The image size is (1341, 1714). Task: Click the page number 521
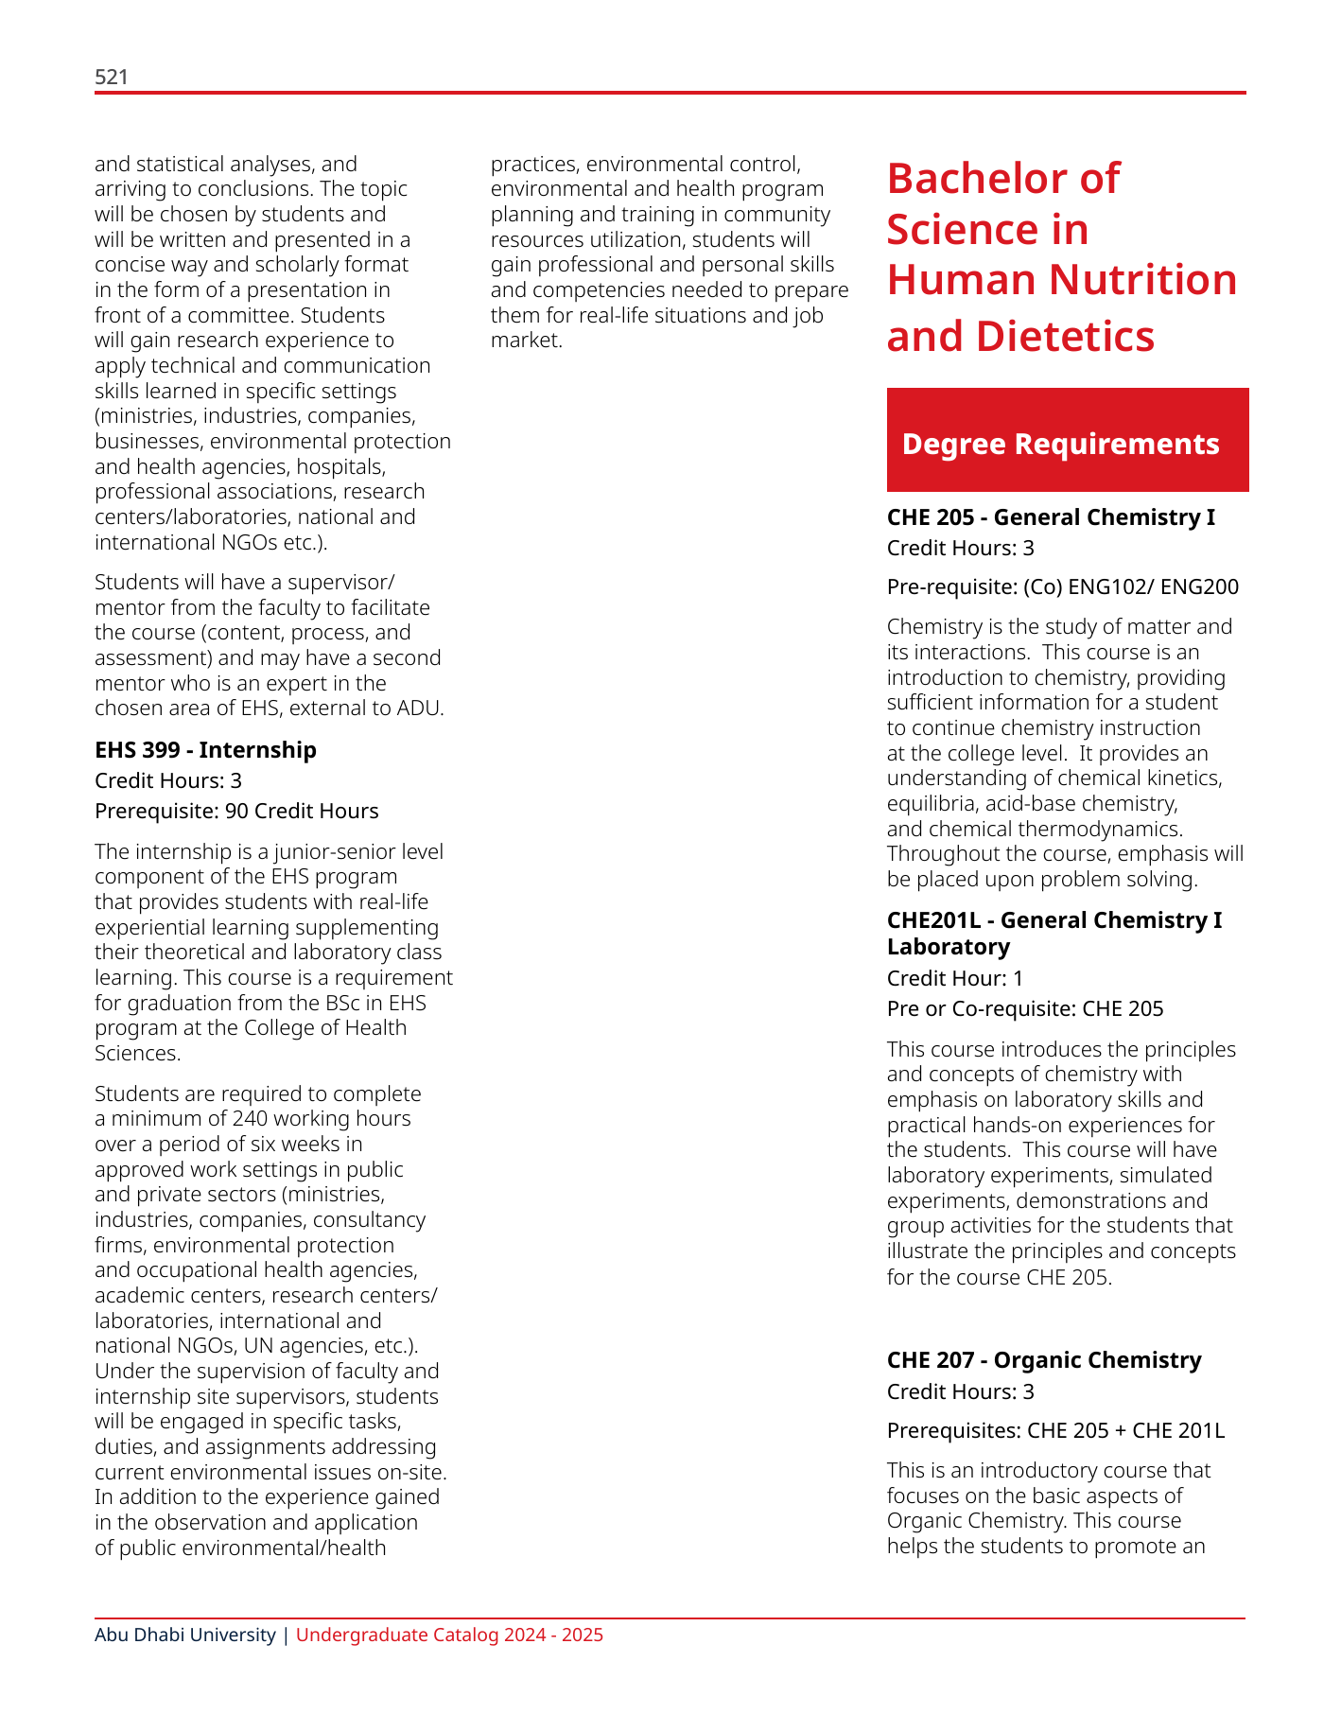(x=112, y=78)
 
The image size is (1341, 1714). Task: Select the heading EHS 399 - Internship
(x=205, y=750)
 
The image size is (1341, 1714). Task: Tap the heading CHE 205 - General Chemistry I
(x=1050, y=517)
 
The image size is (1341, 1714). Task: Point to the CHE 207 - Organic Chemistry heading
(x=1043, y=1360)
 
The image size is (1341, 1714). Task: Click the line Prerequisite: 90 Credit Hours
(x=236, y=811)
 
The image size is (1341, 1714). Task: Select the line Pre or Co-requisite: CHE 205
(x=1024, y=1008)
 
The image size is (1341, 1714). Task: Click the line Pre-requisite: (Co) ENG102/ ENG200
(x=1062, y=587)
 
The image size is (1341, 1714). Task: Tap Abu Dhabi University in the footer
(x=184, y=1635)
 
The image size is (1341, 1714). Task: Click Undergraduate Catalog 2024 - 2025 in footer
(x=449, y=1635)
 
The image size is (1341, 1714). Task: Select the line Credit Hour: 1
(x=954, y=978)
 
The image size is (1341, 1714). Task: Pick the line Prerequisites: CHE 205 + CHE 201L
(x=1055, y=1430)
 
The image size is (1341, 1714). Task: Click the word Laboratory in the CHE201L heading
(x=948, y=947)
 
